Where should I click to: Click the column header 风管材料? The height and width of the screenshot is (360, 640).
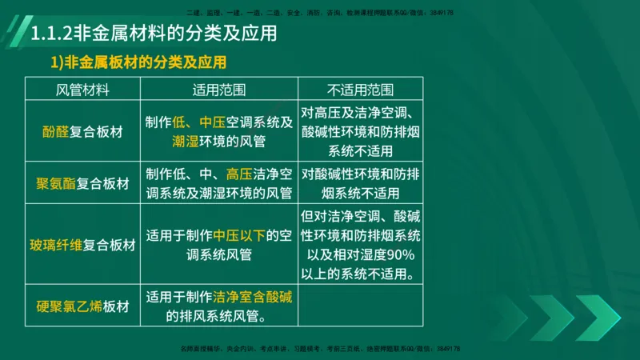82,89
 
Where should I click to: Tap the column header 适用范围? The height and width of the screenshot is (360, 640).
219,89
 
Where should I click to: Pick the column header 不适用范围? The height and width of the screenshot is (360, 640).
360,89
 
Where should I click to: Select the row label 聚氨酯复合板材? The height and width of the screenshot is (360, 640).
82,183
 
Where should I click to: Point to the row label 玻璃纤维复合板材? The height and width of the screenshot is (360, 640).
82,244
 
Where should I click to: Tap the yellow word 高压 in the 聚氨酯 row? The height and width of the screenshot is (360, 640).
239,173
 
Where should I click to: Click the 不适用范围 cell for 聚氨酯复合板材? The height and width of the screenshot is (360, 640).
360,183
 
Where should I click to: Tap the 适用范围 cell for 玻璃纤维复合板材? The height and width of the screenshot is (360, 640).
219,244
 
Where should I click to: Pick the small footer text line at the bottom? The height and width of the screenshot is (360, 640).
319,349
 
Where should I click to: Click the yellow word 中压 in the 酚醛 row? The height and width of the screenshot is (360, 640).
212,122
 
